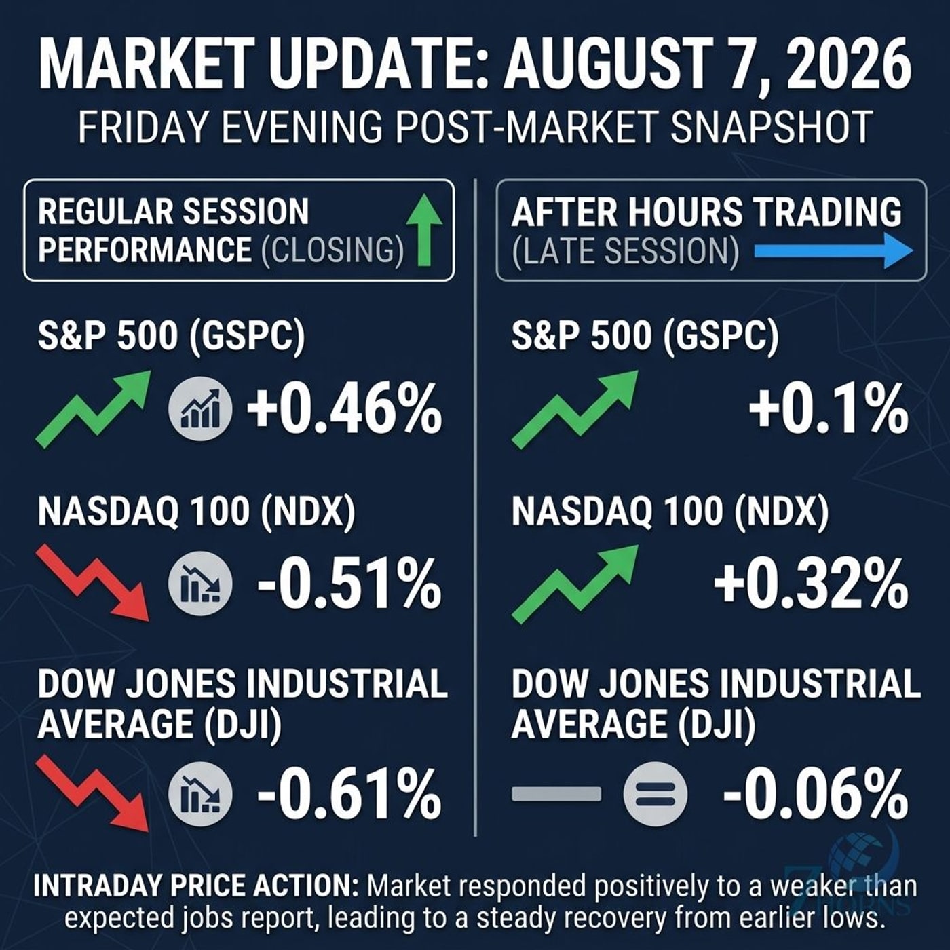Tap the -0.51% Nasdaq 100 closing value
click(x=349, y=585)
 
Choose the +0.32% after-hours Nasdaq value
click(x=811, y=585)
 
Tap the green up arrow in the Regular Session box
click(x=424, y=229)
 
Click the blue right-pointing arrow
click(x=833, y=251)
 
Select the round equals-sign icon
click(x=655, y=795)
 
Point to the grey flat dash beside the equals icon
click(x=556, y=794)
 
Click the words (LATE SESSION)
click(x=626, y=251)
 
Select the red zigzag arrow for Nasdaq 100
click(x=93, y=582)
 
